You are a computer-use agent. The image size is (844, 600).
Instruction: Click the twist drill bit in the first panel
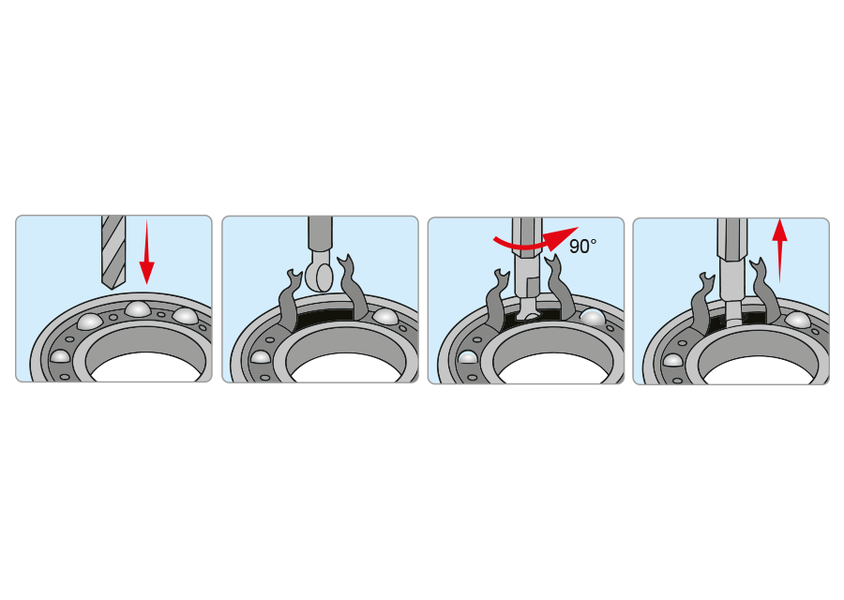tap(113, 251)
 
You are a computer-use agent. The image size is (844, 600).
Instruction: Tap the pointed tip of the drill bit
tap(112, 288)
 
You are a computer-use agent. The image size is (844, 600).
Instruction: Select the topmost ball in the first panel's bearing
tap(137, 308)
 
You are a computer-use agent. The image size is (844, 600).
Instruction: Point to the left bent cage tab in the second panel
tap(290, 301)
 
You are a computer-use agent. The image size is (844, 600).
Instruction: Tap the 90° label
tap(582, 247)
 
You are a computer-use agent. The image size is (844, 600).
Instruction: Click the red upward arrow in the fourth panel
tap(779, 250)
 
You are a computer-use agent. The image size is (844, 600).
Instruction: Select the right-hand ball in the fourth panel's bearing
tap(798, 320)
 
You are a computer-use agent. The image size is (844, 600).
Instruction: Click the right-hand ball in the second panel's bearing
tap(385, 315)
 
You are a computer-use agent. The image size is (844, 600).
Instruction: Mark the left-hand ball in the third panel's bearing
tap(468, 356)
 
